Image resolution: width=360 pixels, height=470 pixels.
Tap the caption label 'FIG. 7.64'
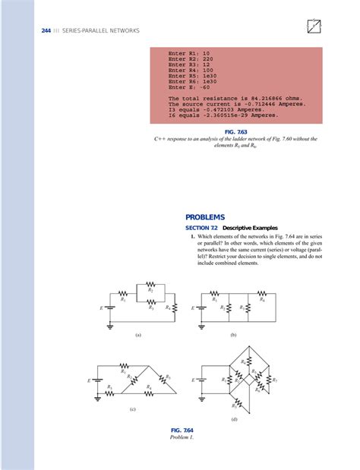click(182, 431)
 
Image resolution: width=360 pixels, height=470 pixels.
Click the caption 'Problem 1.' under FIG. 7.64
click(182, 437)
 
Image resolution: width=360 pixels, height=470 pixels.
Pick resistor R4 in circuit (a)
click(175, 308)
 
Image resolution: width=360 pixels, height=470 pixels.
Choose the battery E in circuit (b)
click(201, 308)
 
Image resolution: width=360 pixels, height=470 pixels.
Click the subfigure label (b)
click(233, 334)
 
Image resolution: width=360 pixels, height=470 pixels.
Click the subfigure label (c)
click(132, 409)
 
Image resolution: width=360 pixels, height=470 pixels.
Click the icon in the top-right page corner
click(312, 26)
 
